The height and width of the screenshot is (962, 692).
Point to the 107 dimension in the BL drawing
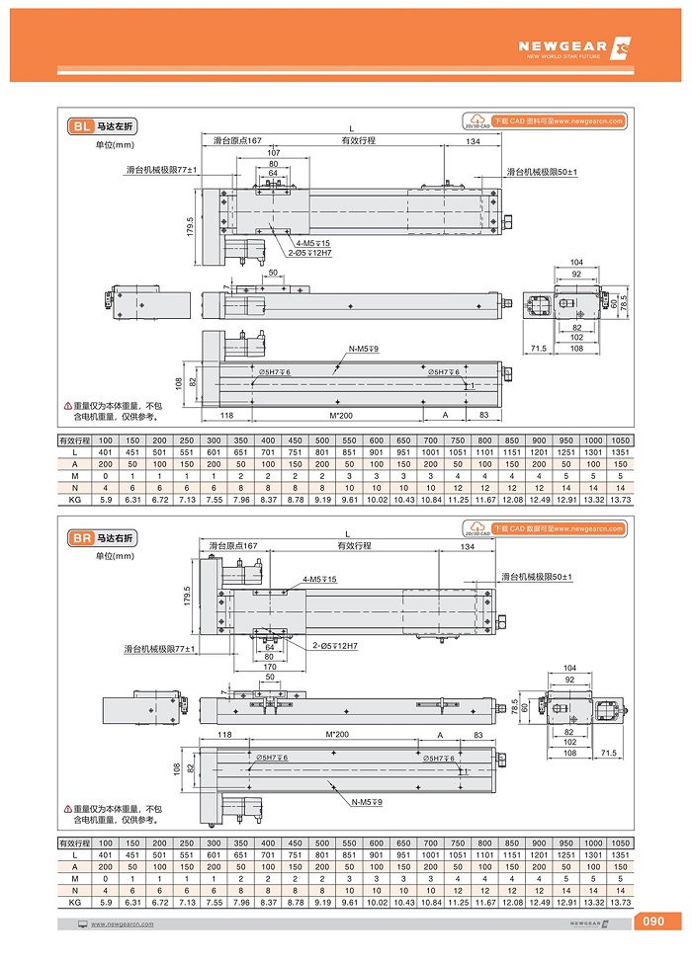pyautogui.click(x=274, y=152)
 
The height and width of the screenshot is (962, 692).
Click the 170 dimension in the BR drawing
pyautogui.click(x=270, y=668)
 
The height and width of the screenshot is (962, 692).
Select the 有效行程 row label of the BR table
pyautogui.click(x=74, y=842)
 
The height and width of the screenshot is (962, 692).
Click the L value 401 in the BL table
pyautogui.click(x=105, y=453)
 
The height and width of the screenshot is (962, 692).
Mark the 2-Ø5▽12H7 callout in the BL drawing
pyautogui.click(x=308, y=252)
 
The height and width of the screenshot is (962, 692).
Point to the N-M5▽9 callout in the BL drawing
pyautogui.click(x=364, y=349)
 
